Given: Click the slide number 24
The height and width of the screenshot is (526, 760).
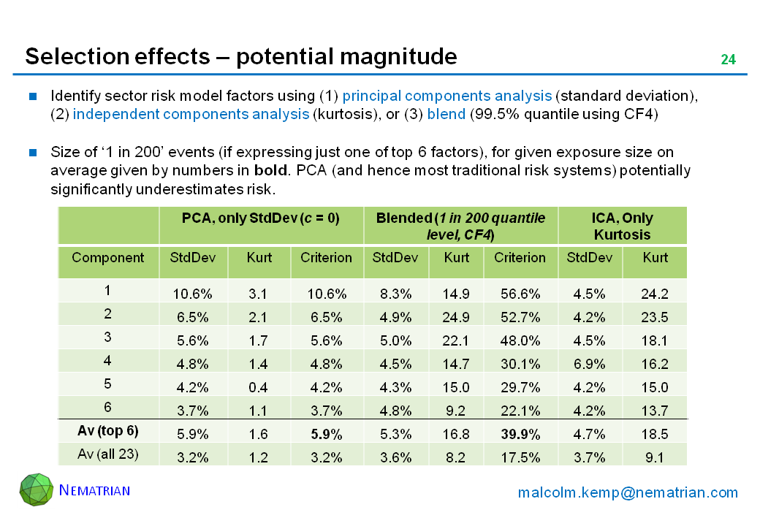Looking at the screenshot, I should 728,60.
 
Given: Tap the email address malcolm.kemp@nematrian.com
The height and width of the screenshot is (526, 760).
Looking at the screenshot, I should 628,492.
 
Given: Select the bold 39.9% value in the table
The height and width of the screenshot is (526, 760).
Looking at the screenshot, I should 520,434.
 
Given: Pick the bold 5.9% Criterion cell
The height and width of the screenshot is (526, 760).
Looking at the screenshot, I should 327,434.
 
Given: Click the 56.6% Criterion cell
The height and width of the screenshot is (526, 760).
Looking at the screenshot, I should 520,294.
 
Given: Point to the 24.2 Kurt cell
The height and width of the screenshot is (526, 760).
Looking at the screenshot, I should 655,294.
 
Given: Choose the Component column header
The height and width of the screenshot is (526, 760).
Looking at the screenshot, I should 107,257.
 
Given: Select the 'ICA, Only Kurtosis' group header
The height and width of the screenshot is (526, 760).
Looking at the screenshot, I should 623,226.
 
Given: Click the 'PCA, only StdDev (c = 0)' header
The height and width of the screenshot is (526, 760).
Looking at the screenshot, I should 260,218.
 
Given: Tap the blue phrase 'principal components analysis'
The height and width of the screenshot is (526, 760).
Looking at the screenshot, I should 446,96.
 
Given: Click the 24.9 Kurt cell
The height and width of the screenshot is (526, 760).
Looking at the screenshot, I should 455,316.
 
